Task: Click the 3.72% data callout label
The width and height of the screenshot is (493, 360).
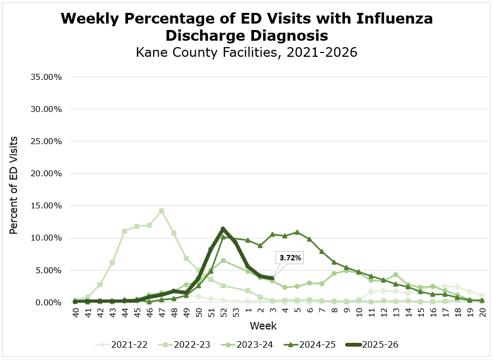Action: click(x=290, y=258)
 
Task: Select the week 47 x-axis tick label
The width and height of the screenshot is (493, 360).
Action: click(x=161, y=312)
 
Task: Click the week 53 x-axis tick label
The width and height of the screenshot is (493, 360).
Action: click(x=235, y=312)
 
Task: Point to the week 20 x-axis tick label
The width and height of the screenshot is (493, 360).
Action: click(x=482, y=312)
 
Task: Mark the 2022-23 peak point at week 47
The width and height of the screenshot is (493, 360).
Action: click(x=161, y=211)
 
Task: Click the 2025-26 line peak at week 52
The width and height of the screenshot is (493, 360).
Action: click(x=223, y=229)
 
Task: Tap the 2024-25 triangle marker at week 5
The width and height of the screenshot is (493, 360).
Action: click(x=297, y=232)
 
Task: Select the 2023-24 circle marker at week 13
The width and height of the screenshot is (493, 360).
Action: click(x=395, y=275)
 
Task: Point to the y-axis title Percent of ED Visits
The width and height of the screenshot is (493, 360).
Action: click(x=14, y=185)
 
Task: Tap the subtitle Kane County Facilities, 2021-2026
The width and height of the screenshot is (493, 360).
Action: click(x=246, y=53)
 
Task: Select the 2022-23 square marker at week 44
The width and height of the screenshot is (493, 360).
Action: click(x=124, y=231)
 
